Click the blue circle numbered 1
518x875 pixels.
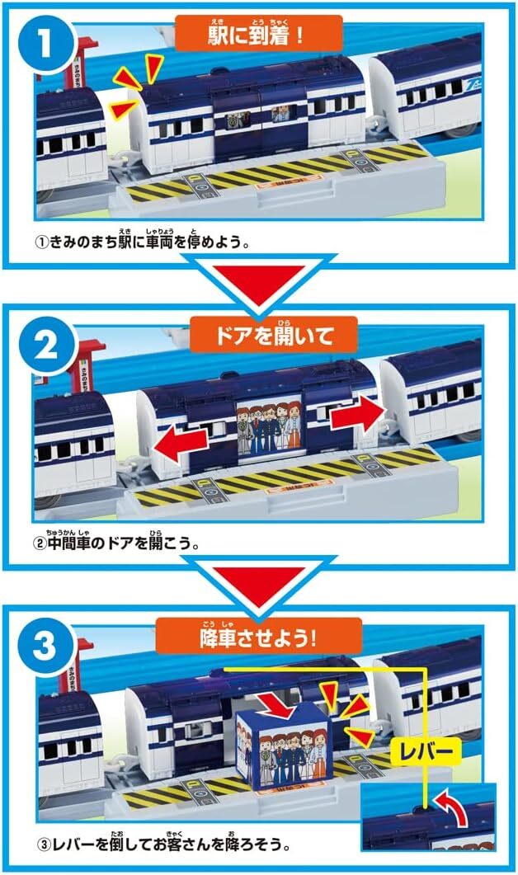click(x=46, y=44)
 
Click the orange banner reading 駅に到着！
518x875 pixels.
click(x=258, y=34)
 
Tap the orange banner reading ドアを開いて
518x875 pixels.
click(x=274, y=334)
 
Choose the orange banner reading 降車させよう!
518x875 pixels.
click(x=258, y=636)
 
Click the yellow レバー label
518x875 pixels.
click(x=427, y=751)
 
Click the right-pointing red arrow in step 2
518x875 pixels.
click(x=358, y=414)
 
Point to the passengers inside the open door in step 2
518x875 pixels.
click(x=270, y=429)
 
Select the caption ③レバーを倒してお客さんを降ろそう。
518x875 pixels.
click(x=162, y=844)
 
